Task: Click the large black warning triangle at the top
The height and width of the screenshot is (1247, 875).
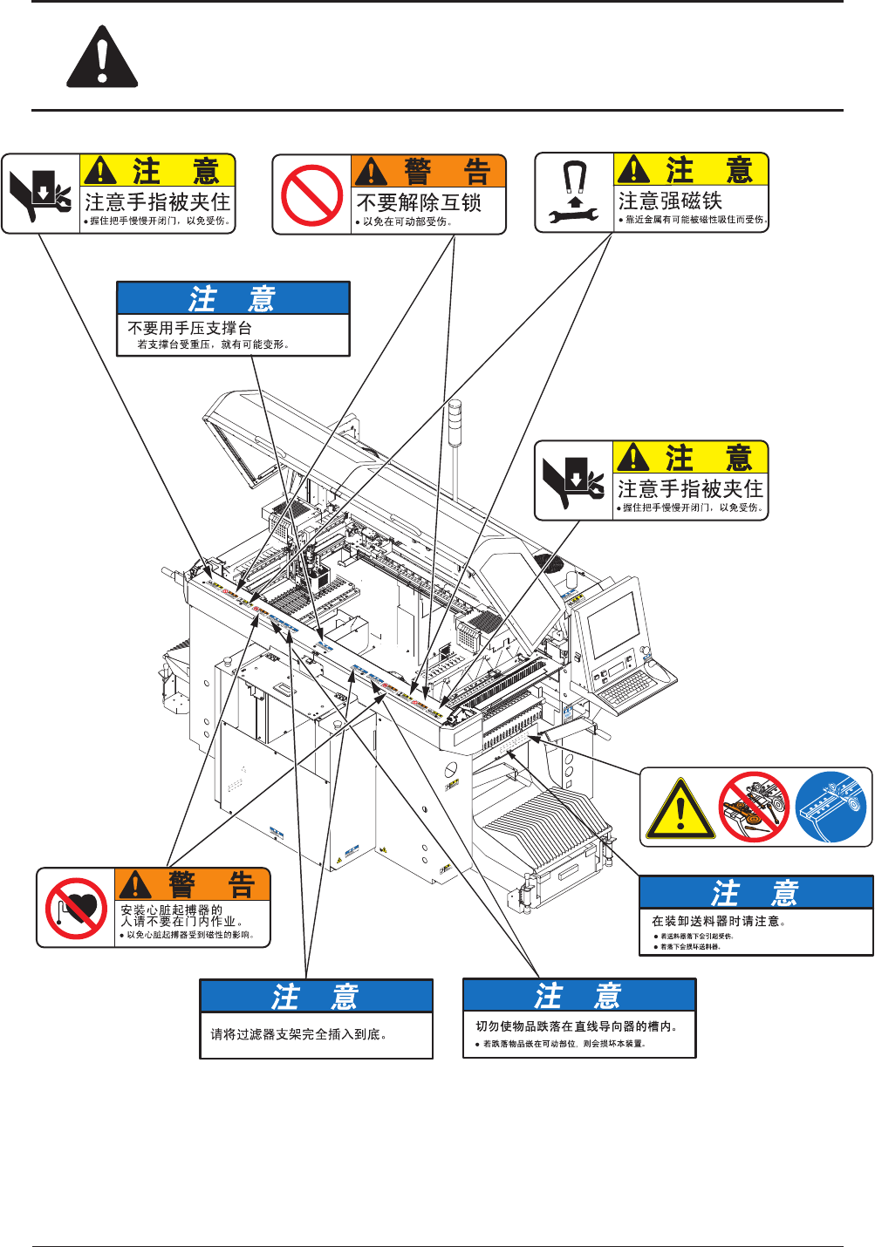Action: point(102,58)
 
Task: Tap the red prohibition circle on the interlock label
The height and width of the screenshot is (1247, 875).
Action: point(311,194)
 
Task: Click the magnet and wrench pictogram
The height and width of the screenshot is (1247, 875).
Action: point(573,193)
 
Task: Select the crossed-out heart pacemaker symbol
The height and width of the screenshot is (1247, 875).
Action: point(76,908)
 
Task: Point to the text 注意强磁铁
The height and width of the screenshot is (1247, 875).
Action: point(670,201)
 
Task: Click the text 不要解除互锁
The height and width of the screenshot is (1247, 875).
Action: point(419,202)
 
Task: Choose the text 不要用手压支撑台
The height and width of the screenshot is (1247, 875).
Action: point(189,328)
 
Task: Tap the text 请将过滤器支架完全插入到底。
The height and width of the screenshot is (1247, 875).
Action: point(298,1034)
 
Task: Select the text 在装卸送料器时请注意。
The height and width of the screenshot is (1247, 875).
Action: point(719,921)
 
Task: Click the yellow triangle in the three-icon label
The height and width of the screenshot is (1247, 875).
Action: point(680,808)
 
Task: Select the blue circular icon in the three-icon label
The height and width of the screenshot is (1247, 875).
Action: point(831,807)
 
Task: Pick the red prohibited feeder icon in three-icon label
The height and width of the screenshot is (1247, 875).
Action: point(754,807)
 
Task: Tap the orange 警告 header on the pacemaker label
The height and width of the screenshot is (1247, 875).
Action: point(193,884)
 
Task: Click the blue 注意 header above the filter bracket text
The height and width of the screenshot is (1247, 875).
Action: point(316,996)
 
